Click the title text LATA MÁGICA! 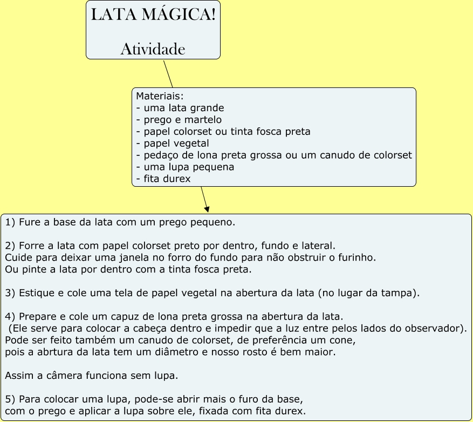[153, 15]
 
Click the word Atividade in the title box [153, 49]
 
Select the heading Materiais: [160, 96]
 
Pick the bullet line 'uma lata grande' [180, 108]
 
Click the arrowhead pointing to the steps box [207, 209]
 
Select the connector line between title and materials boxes [168, 73]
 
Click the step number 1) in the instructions [10, 222]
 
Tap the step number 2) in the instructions [10, 246]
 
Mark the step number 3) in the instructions [10, 293]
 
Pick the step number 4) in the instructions [10, 317]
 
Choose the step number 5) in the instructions [10, 399]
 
